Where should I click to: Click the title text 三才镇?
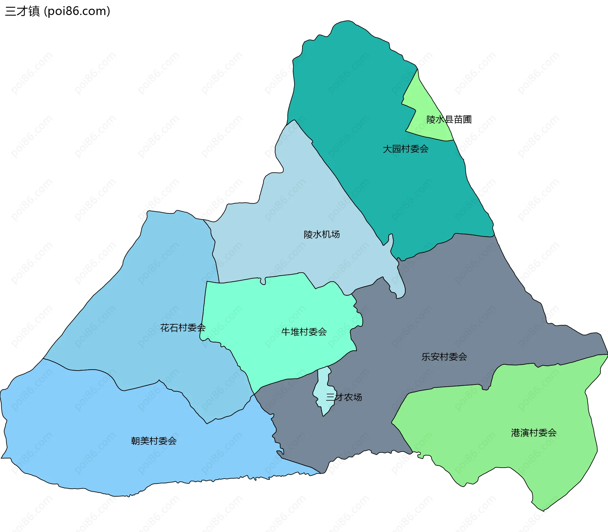tap(22, 11)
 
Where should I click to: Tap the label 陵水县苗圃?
tap(449, 120)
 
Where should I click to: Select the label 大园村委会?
tap(405, 149)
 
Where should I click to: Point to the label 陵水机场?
tap(321, 235)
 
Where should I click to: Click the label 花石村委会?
tap(183, 328)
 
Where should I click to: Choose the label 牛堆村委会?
tap(304, 332)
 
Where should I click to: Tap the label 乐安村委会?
tap(444, 357)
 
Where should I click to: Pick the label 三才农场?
tap(344, 397)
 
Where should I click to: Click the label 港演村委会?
tap(534, 433)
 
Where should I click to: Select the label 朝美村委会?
tap(154, 441)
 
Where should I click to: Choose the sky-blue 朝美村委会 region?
tap(95, 443)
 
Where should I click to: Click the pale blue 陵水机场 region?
tap(285, 222)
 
